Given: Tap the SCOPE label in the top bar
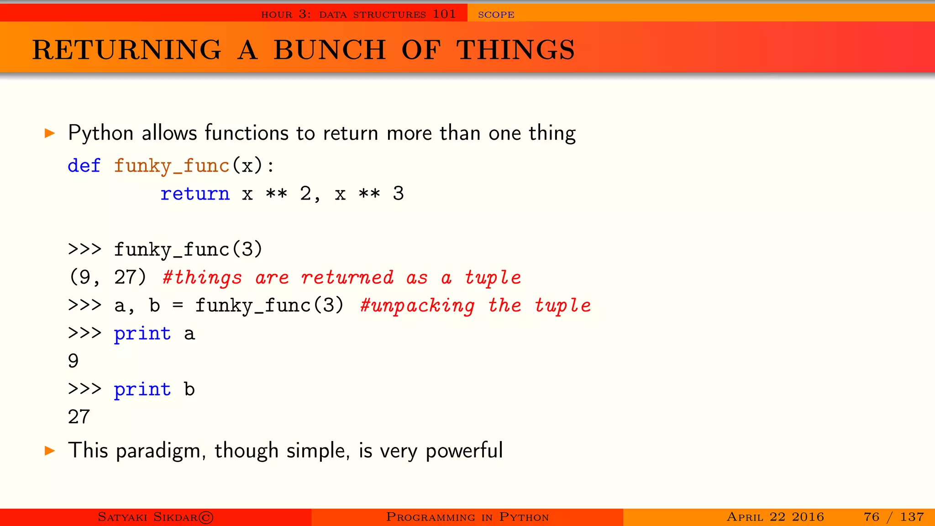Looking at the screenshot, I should [x=496, y=15].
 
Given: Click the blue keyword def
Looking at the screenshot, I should [x=84, y=165].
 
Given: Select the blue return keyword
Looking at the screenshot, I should [x=195, y=194].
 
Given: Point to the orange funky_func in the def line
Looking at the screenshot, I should [x=172, y=166].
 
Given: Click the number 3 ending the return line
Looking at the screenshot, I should [x=398, y=194].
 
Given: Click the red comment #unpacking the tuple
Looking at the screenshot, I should [x=475, y=305].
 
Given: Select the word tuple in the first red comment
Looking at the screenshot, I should [x=493, y=278].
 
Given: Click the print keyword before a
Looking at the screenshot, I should [x=142, y=334].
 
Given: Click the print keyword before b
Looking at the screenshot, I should [x=142, y=389].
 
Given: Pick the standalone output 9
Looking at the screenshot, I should [x=74, y=361].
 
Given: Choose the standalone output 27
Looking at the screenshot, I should [x=79, y=417].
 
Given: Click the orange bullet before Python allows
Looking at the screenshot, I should [x=50, y=133].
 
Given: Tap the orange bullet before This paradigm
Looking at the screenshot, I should [x=50, y=451].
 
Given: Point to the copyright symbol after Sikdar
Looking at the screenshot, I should [x=206, y=517].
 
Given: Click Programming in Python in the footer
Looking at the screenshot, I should [x=467, y=517].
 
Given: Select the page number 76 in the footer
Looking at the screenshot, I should [x=871, y=517].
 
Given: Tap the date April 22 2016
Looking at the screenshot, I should [x=775, y=517].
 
